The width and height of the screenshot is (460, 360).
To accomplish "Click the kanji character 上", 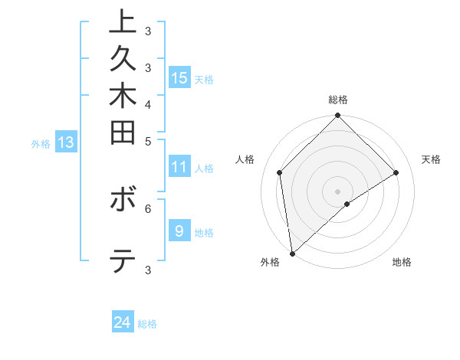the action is pos(123,22).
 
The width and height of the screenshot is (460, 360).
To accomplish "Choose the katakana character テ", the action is pos(123,263).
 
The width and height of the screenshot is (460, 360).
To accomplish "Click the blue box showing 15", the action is pos(179,77).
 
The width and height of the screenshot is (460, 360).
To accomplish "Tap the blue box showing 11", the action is pos(179,166).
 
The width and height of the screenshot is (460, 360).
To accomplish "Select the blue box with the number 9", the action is pos(179,231).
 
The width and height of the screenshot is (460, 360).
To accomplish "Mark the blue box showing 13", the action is pos(66,142).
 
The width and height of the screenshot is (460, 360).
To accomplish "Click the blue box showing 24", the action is pos(123,322).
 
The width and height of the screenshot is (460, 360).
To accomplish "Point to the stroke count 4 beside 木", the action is pos(148,104).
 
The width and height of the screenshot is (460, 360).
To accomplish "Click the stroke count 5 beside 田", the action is pos(148,141).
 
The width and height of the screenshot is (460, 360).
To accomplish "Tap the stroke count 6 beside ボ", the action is pos(148,207).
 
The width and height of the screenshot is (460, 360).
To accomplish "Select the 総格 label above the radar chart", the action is pos(338,100).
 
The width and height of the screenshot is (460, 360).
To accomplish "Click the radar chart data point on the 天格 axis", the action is pos(396,172).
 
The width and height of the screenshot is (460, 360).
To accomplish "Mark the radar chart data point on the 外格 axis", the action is pos(292,254).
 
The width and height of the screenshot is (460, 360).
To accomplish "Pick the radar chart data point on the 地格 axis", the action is pos(347,204).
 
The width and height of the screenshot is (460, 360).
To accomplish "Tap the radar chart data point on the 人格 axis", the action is pos(280,172).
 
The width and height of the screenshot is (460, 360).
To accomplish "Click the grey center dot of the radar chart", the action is pos(338,191).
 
